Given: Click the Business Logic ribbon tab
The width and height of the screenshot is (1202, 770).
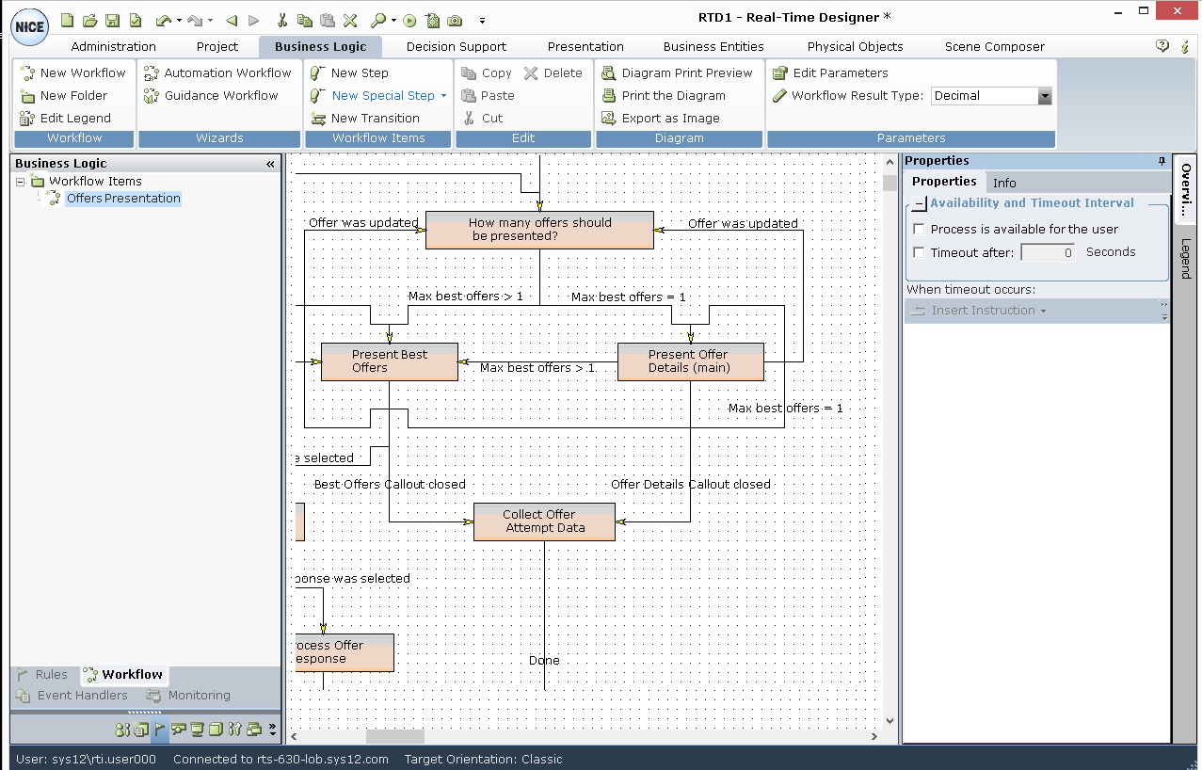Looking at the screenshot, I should click(321, 46).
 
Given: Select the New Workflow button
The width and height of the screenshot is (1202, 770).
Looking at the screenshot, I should click(73, 72).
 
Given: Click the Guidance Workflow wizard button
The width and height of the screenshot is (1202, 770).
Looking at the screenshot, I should click(212, 95).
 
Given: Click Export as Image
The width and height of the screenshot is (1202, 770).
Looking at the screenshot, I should click(661, 118).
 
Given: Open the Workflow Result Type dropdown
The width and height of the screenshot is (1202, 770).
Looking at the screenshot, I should click(1044, 96).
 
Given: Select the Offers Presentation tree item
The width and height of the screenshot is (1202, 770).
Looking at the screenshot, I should click(123, 199).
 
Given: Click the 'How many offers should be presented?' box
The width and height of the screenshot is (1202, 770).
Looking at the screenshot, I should click(539, 231).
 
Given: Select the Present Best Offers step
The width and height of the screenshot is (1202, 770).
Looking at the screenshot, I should click(389, 362).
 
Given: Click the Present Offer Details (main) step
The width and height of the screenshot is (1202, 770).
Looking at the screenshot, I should click(690, 362).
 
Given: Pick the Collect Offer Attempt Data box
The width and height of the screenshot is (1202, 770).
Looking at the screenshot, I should click(544, 522).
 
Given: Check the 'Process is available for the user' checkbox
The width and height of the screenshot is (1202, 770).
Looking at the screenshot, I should click(920, 229).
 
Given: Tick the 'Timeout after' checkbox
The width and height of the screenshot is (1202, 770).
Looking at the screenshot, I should click(920, 252).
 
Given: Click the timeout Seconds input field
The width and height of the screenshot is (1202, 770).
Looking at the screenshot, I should click(1048, 252).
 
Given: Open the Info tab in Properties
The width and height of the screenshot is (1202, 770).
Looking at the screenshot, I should click(1004, 183).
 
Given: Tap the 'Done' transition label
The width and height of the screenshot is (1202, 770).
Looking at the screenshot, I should click(544, 661).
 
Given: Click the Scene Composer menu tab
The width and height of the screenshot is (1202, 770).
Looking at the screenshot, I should click(994, 46).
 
